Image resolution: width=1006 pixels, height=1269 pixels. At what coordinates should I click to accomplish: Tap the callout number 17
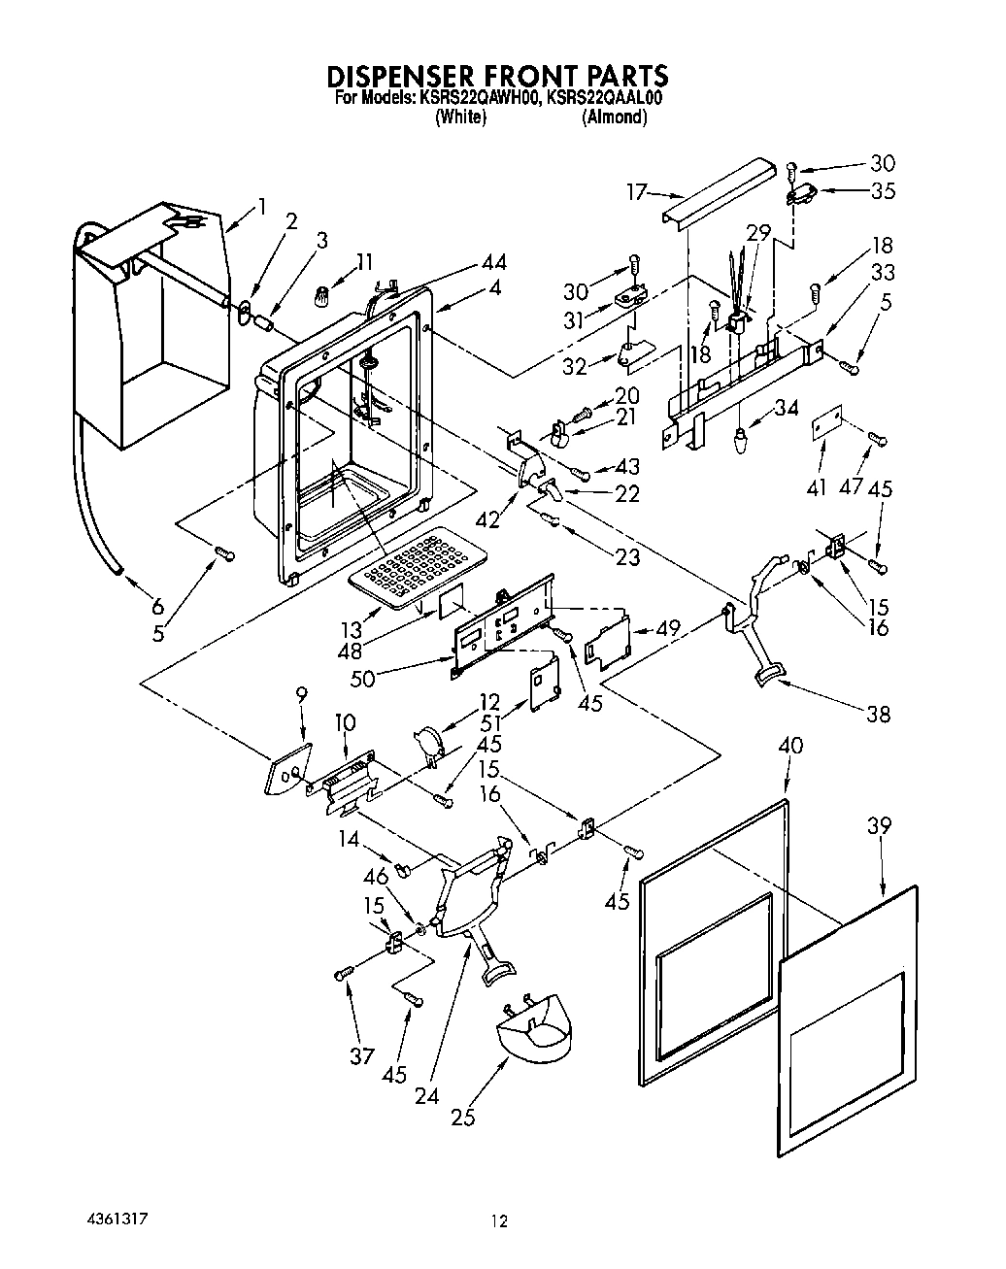[x=636, y=192]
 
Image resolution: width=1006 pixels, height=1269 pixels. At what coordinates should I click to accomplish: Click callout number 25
[x=463, y=1118]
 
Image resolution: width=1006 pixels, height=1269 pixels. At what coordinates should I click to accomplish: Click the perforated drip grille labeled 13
[x=418, y=569]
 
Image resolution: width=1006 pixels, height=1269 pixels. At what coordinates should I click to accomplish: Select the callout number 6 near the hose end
[x=157, y=607]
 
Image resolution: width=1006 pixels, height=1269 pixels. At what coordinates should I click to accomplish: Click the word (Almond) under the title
[x=614, y=117]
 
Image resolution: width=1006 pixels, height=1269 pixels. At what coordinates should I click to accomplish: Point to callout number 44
[x=493, y=262]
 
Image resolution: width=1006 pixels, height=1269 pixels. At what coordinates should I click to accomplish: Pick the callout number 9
[x=301, y=694]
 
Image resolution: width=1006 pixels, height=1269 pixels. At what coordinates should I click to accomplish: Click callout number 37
[x=361, y=1055]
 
